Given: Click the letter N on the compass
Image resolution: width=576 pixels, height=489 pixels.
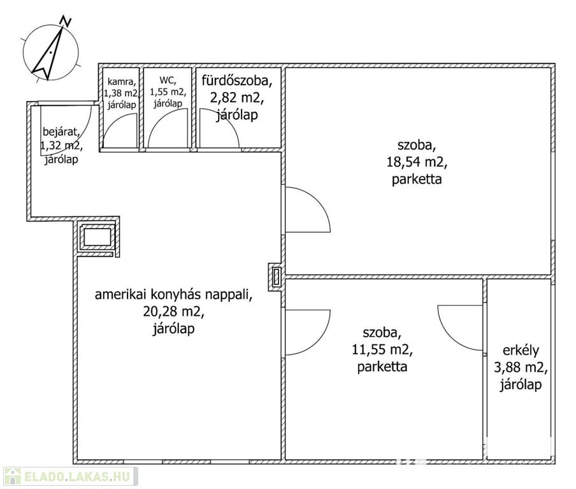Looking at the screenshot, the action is pos(66,21).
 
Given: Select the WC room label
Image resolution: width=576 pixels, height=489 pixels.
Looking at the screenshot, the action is pos(168,80).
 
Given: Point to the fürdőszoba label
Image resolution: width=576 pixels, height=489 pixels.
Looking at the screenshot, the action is pos(237,81).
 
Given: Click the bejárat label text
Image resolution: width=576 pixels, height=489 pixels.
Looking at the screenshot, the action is pos(61,132).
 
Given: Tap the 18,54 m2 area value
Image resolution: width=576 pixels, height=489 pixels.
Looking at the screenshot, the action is pos(417,162).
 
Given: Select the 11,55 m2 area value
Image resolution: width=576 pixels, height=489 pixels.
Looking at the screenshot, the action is pos(382,350).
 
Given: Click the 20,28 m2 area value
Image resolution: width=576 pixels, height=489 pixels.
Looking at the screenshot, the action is pos(174,312).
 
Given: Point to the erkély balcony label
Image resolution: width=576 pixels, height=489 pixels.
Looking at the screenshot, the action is pos(521,351).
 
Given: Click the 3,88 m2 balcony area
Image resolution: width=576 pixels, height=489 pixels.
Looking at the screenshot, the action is pos(521,367).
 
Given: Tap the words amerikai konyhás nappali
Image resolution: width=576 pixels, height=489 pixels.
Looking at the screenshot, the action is pos(174,294).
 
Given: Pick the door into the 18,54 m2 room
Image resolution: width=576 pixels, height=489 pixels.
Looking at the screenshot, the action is pos(308,209).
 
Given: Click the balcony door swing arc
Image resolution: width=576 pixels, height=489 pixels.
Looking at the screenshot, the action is pos(460,328).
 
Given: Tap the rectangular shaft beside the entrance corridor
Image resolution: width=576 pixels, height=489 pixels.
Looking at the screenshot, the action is pos(97,237).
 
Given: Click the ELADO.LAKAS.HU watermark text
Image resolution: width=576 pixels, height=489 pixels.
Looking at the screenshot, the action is pos(77,476).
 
